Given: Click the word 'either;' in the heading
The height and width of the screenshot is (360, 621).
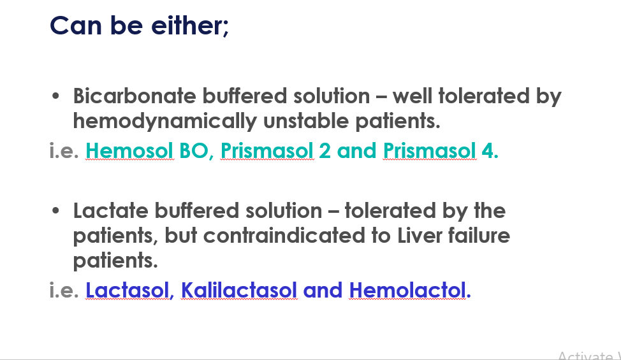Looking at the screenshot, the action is (x=190, y=25).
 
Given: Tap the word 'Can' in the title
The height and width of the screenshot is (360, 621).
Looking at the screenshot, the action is (x=76, y=25).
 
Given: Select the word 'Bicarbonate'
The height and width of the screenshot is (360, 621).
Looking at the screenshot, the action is (x=135, y=96).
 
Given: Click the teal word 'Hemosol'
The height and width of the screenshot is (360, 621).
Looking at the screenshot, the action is (x=129, y=151).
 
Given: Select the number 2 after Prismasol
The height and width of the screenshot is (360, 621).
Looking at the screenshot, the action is (x=325, y=151).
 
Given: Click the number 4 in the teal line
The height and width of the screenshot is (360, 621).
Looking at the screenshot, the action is (x=487, y=151).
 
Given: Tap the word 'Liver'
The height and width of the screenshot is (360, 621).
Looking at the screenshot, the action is (x=420, y=236).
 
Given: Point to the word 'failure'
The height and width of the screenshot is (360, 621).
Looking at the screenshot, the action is (x=479, y=236).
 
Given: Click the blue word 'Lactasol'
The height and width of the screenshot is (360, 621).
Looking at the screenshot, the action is (x=128, y=290).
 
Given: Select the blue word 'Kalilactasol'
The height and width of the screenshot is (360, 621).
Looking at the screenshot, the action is (x=239, y=290).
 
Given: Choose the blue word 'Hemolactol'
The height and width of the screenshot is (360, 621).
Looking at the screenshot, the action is (x=407, y=290).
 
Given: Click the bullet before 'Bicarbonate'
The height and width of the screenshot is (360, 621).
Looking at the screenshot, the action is (x=55, y=96).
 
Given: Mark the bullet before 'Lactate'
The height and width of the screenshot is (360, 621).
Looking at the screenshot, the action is (x=55, y=210).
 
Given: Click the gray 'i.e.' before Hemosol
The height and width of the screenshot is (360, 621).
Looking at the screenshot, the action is (x=64, y=151).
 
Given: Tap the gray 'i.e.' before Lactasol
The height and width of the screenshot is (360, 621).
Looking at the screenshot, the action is (x=64, y=290).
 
